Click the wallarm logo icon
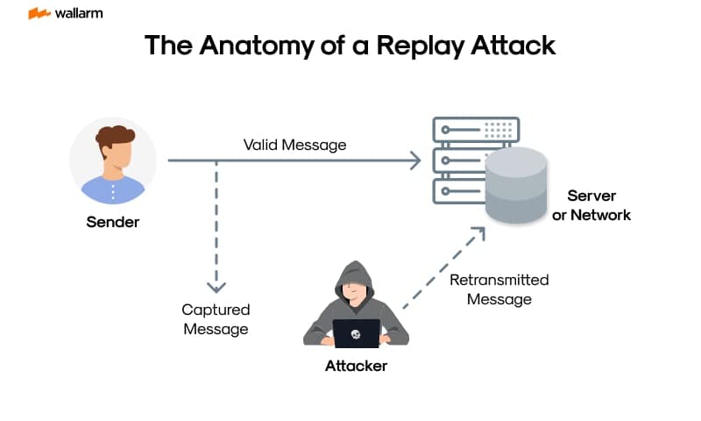click(x=39, y=14)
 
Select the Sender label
click(x=112, y=222)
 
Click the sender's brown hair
click(x=115, y=137)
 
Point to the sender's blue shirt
click(x=113, y=189)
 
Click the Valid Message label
click(x=294, y=145)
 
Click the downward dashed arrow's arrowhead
click(x=216, y=286)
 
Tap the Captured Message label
click(x=216, y=319)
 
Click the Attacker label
click(x=356, y=366)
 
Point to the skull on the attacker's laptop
click(x=357, y=333)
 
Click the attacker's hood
click(x=356, y=272)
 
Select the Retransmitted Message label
click(x=499, y=289)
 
